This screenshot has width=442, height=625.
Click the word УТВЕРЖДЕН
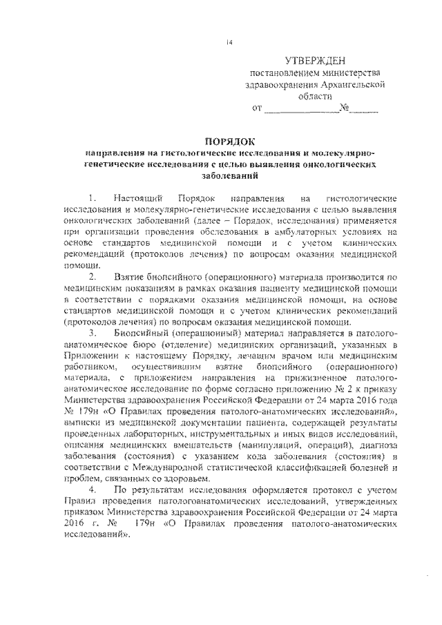[x=318, y=61]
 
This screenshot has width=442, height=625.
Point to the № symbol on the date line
[x=345, y=108]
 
